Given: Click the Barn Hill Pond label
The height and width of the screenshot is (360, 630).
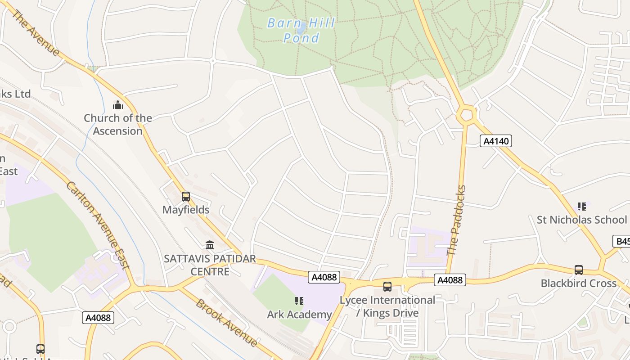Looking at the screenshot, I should coord(301,30).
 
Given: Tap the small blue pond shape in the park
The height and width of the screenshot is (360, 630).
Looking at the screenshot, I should coord(301,28).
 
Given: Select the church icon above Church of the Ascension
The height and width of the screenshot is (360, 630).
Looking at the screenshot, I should coord(118,105).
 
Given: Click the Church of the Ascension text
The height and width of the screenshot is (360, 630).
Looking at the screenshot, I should coord(118,125).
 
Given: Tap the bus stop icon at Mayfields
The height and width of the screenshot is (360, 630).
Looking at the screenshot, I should coord(186,197).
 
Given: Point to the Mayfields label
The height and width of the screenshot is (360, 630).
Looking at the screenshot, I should coord(186,210).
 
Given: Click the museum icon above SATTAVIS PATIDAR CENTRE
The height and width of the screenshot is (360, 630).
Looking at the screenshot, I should coord(210,245).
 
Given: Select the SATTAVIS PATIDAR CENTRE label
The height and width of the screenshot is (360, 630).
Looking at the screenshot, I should coord(210,265).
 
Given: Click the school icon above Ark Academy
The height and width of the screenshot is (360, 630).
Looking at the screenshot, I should coord(299,301).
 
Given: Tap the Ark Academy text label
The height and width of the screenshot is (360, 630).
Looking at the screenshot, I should coord(299,314).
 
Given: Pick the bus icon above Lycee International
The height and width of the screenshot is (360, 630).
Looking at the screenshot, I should coord(387,286).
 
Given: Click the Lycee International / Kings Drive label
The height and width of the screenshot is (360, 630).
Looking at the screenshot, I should coord(387,306).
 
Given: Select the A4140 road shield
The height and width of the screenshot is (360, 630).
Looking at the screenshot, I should coord(496,141).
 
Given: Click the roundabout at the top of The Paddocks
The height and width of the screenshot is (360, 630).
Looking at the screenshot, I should coord(466,115).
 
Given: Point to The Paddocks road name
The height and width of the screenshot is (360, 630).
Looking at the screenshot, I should coord(457,220).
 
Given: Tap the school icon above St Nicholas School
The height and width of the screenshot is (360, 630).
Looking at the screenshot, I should coord(582,207).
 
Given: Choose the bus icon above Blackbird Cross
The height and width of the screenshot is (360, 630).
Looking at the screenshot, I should coord(579,270).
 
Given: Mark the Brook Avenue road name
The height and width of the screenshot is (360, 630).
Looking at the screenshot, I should coord(226,323).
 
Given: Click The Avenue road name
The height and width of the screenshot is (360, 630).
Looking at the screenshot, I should coord(35,33).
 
